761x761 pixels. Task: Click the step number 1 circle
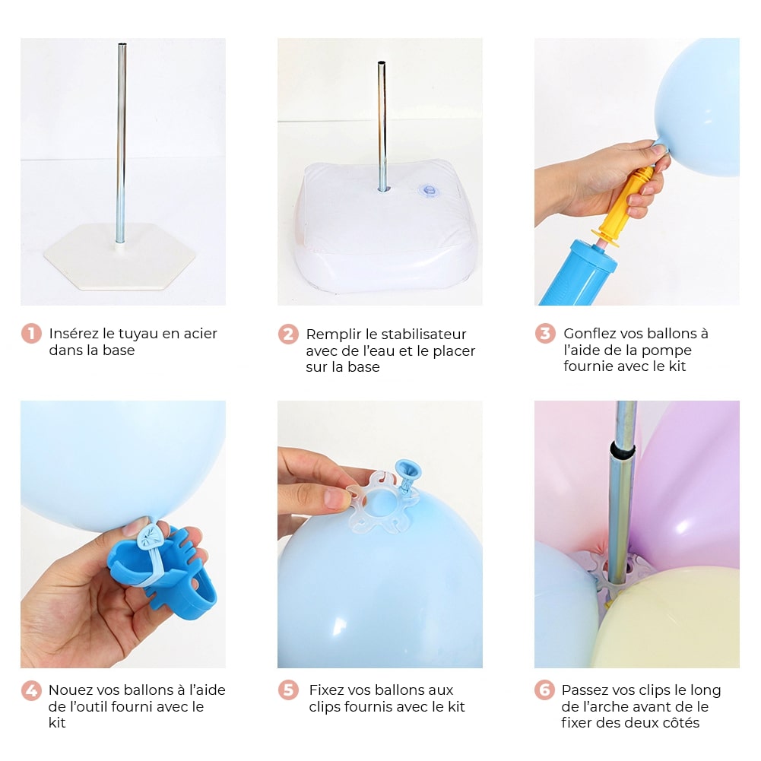click(31, 334)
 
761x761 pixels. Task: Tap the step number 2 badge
click(288, 334)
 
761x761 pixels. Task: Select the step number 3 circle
click(545, 334)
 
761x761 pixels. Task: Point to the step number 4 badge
click(31, 690)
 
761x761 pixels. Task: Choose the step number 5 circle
click(288, 690)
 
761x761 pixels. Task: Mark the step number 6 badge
click(544, 690)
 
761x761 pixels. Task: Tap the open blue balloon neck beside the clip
click(407, 473)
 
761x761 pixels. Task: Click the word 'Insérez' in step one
click(75, 334)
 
